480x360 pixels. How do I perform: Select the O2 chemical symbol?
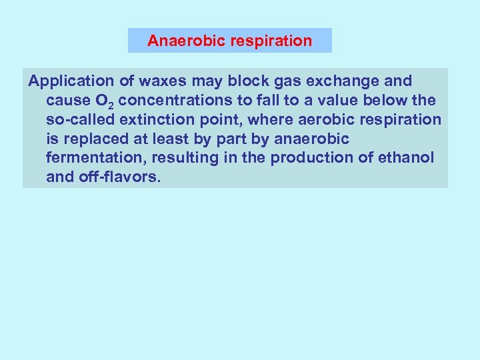[93, 101]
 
